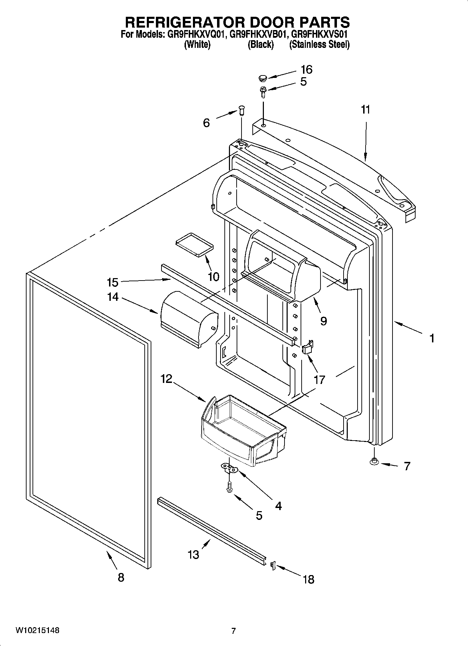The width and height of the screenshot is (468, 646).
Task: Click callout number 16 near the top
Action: tap(306, 70)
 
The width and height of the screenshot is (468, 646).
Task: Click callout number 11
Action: tap(365, 110)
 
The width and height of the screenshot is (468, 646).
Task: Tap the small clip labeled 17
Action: tap(307, 348)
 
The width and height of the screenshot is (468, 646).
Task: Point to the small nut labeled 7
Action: tap(374, 462)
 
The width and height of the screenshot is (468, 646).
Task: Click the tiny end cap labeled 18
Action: tap(273, 565)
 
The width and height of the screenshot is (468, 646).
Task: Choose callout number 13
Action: tap(193, 554)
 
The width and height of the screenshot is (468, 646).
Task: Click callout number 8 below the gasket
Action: tap(121, 578)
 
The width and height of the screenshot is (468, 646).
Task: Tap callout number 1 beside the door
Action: tap(432, 338)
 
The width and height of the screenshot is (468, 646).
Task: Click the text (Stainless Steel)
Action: tap(319, 45)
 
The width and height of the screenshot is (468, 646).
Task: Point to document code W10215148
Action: tap(37, 630)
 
